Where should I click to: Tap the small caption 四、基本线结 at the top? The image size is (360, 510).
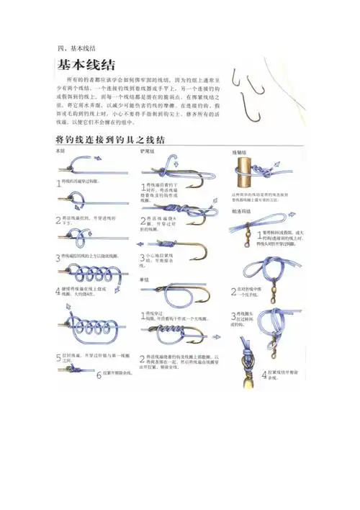pos(76,48)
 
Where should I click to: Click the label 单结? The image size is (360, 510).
pos(145,279)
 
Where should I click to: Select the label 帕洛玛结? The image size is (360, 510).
pos(240,210)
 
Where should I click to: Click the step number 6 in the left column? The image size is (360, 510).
pos(99,373)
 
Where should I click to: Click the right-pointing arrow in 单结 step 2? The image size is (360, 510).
pos(206,335)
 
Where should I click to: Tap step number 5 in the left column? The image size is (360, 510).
pos(58,358)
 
